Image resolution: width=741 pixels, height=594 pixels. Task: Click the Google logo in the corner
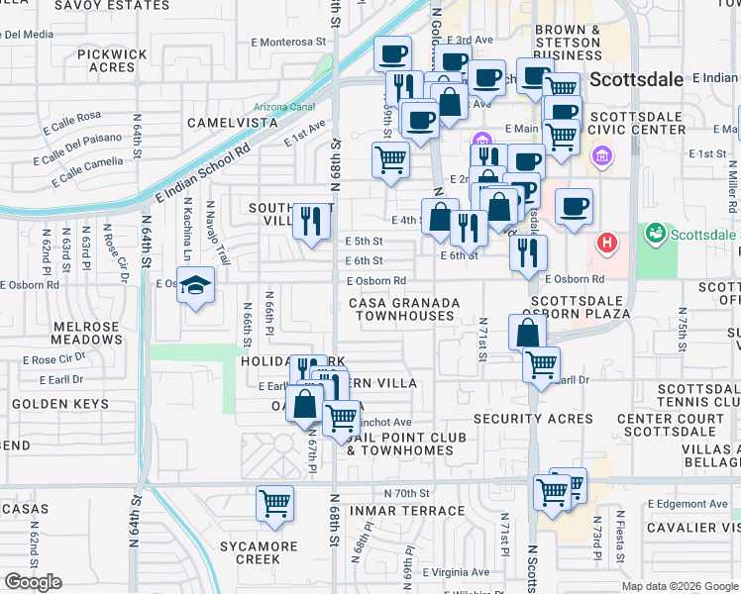point(33,581)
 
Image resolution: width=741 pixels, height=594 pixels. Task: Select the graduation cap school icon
point(197,285)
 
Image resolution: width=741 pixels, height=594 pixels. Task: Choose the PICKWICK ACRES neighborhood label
point(111,60)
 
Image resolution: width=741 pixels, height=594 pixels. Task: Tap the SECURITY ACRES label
point(533,420)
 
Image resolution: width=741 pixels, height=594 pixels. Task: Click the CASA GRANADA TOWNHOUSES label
point(404,309)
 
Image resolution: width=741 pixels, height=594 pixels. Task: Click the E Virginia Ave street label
point(455,572)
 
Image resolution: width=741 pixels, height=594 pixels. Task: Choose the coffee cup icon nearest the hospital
point(574,206)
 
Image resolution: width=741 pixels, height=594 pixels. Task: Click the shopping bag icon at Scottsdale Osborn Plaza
point(527,332)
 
